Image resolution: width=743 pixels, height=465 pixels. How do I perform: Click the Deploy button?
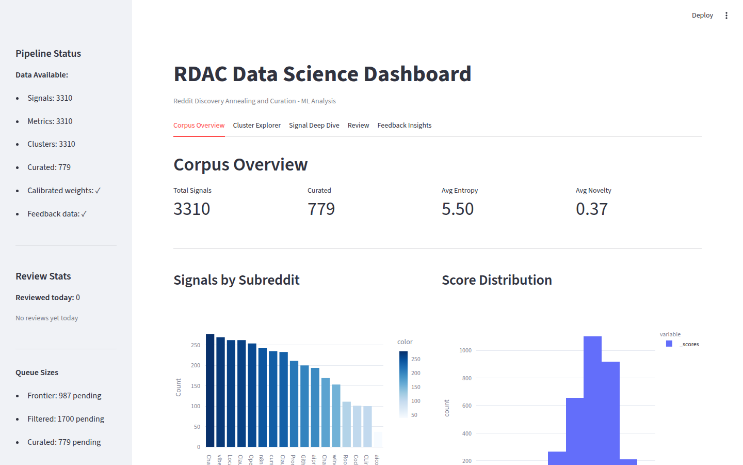(x=702, y=16)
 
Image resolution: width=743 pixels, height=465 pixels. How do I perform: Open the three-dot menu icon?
(x=726, y=16)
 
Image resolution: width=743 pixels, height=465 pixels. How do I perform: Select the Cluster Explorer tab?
(x=256, y=126)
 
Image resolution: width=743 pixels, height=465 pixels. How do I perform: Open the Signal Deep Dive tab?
(x=314, y=126)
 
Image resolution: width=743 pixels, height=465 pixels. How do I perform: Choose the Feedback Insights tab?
(x=404, y=126)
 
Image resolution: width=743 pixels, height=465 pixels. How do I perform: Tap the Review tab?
(x=358, y=126)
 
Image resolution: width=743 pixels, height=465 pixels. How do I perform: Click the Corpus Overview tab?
(x=199, y=126)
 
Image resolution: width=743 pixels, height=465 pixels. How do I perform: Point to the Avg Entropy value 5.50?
(x=457, y=209)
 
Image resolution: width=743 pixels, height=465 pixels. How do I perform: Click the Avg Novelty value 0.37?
(x=591, y=209)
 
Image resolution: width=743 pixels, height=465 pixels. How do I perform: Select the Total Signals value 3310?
(x=191, y=209)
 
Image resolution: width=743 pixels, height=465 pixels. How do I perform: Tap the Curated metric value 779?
(x=321, y=209)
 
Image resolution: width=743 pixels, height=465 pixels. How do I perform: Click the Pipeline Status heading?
(x=48, y=54)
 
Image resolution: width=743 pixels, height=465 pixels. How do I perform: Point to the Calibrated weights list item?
(x=64, y=191)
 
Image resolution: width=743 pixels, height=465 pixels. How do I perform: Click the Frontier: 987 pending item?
(x=64, y=396)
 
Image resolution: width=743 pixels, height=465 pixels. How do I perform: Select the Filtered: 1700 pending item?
(x=66, y=419)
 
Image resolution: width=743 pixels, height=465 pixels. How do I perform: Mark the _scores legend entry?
(x=689, y=344)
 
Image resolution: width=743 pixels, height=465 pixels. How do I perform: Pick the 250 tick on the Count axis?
(x=196, y=345)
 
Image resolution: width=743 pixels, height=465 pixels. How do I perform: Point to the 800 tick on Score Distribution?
(x=466, y=378)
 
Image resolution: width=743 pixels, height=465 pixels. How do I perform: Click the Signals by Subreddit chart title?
(x=236, y=280)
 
